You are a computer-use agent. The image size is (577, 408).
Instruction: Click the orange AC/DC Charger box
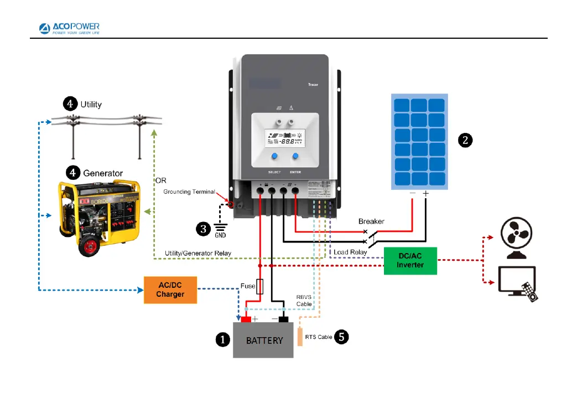[x=170, y=290]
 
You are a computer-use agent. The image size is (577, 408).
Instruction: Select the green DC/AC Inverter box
[x=410, y=261]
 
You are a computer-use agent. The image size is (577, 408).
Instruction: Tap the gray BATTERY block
[x=263, y=340]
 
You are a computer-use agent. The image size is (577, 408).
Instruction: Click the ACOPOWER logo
[x=69, y=29]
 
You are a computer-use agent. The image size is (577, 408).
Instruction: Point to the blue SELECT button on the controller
[x=274, y=157]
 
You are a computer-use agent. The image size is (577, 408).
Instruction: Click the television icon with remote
[x=518, y=283]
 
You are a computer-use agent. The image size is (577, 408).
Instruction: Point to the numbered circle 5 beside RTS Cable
[x=342, y=337]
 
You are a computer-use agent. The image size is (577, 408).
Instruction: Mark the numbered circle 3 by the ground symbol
[x=204, y=227]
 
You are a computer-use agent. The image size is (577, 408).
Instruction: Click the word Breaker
[x=371, y=221]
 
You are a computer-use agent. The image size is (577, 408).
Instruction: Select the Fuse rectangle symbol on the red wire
[x=261, y=286]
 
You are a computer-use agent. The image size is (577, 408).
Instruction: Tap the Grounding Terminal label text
[x=189, y=192]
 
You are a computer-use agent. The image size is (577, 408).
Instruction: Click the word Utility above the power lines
[x=91, y=104]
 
